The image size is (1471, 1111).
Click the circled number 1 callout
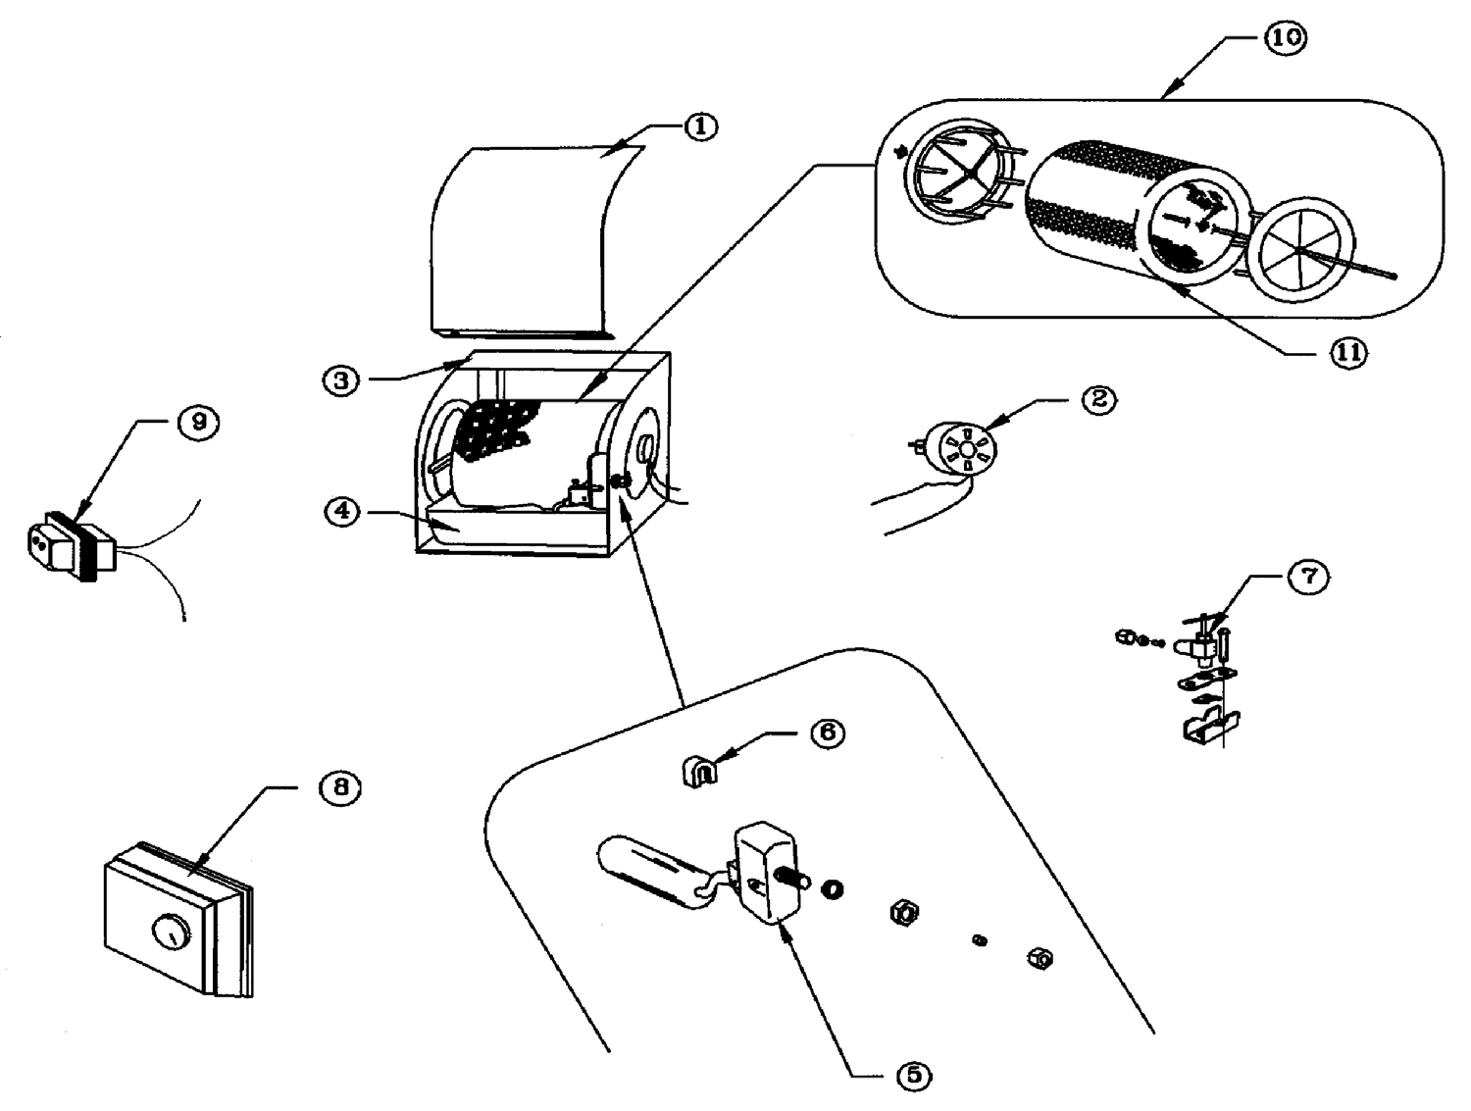tap(700, 126)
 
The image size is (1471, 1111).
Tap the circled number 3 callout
tap(341, 380)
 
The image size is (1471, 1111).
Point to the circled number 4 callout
tap(342, 512)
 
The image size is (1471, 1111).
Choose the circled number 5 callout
tap(914, 1076)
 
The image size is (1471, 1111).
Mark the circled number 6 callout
tap(828, 733)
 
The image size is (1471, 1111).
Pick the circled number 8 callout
tap(341, 786)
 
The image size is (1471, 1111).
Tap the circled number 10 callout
tap(1286, 37)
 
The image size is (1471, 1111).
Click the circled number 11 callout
tap(1348, 353)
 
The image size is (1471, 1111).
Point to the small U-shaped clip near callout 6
tap(700, 771)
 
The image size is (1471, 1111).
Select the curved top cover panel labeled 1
tap(530, 241)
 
